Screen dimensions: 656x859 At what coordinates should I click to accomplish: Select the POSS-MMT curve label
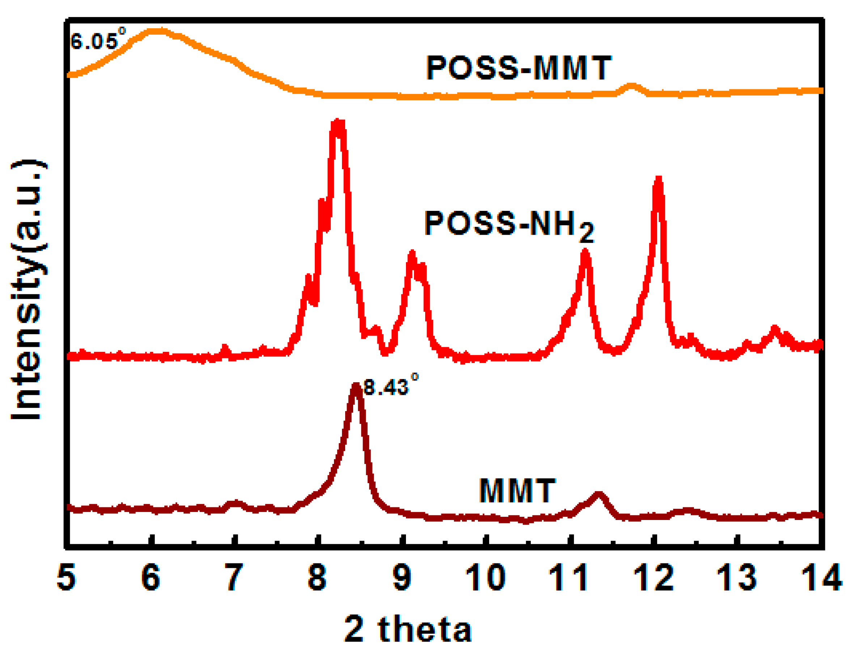click(518, 68)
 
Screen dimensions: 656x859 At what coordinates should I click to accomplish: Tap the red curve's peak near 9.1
click(412, 253)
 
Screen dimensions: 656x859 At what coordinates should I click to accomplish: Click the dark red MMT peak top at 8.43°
click(355, 386)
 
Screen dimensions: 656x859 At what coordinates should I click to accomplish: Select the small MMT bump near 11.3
click(598, 495)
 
